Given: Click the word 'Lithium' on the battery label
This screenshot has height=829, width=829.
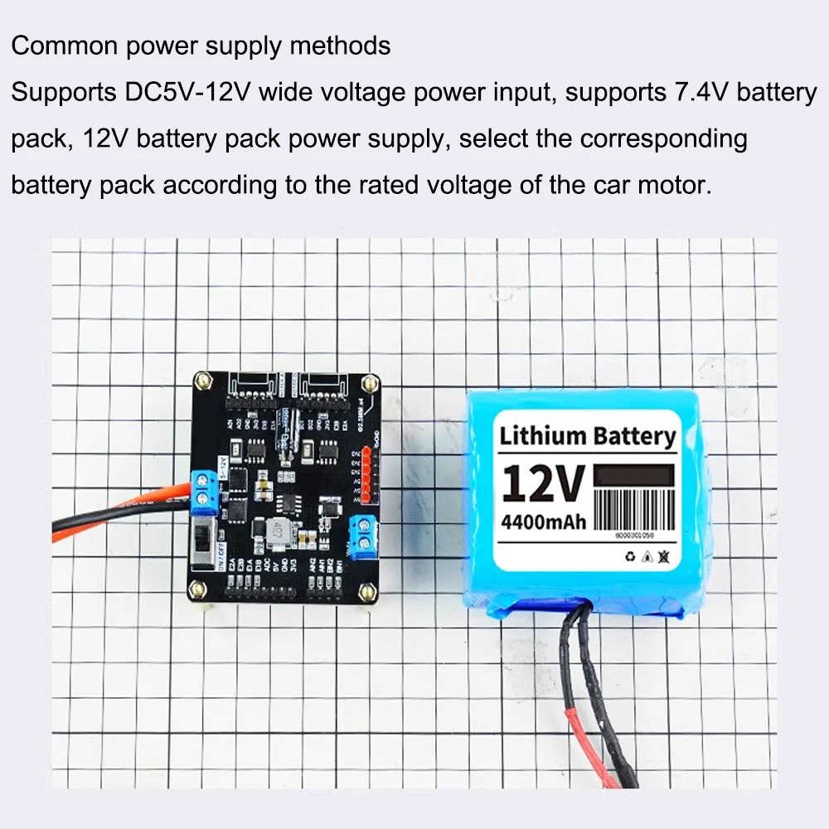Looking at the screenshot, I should [x=543, y=435].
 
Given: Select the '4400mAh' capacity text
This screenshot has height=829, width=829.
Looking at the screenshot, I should [x=543, y=522].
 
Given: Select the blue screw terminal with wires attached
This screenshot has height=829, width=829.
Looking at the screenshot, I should [x=201, y=491].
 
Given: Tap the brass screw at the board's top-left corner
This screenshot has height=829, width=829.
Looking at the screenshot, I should [x=201, y=381].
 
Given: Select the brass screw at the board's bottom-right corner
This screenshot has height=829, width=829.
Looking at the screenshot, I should [x=364, y=592].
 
